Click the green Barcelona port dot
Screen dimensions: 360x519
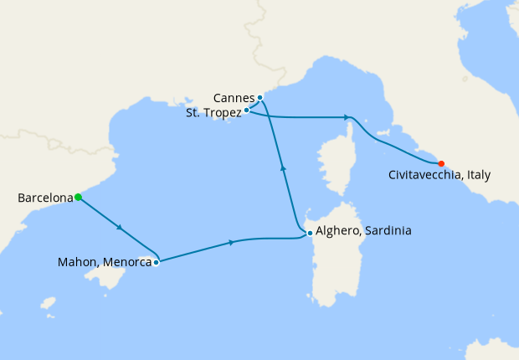(x=78, y=198)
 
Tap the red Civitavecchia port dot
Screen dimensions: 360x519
(x=441, y=163)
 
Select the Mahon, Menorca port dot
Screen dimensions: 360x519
(x=157, y=262)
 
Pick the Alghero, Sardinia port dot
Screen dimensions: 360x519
(x=310, y=233)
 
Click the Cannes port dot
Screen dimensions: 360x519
(x=260, y=98)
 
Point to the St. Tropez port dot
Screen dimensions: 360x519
(x=246, y=110)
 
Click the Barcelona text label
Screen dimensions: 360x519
(x=44, y=198)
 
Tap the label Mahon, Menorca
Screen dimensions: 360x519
(x=104, y=262)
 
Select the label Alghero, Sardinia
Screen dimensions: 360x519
(x=364, y=231)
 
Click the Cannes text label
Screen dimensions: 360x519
(x=234, y=97)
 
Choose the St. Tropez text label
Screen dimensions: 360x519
(x=213, y=111)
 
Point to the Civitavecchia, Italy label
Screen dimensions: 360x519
(x=439, y=175)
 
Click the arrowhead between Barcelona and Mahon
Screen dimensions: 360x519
(x=121, y=228)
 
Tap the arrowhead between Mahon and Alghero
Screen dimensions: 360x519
(x=231, y=243)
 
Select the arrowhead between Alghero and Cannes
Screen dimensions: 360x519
(x=283, y=168)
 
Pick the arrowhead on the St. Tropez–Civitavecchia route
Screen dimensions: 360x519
(x=347, y=117)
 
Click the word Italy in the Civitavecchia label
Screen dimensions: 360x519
(x=475, y=175)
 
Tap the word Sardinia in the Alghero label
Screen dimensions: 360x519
(x=387, y=231)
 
